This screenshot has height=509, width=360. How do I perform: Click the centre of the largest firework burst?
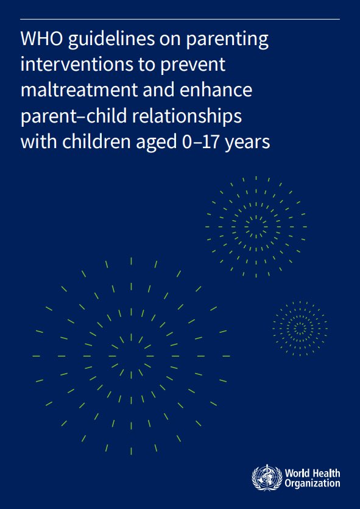(x=132, y=355)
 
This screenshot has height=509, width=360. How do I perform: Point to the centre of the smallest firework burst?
(x=300, y=329)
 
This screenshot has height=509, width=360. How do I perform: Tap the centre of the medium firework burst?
(x=256, y=227)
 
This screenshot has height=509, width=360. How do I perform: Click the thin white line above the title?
(x=180, y=20)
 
